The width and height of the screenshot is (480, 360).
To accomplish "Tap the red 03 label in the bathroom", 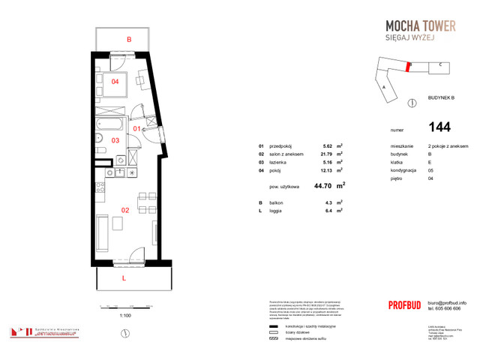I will [x=115, y=139].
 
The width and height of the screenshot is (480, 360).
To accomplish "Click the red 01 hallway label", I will [x=137, y=128].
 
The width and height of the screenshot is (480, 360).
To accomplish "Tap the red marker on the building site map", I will [x=409, y=66].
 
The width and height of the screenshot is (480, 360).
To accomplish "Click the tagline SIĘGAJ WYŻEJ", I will [x=426, y=41].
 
